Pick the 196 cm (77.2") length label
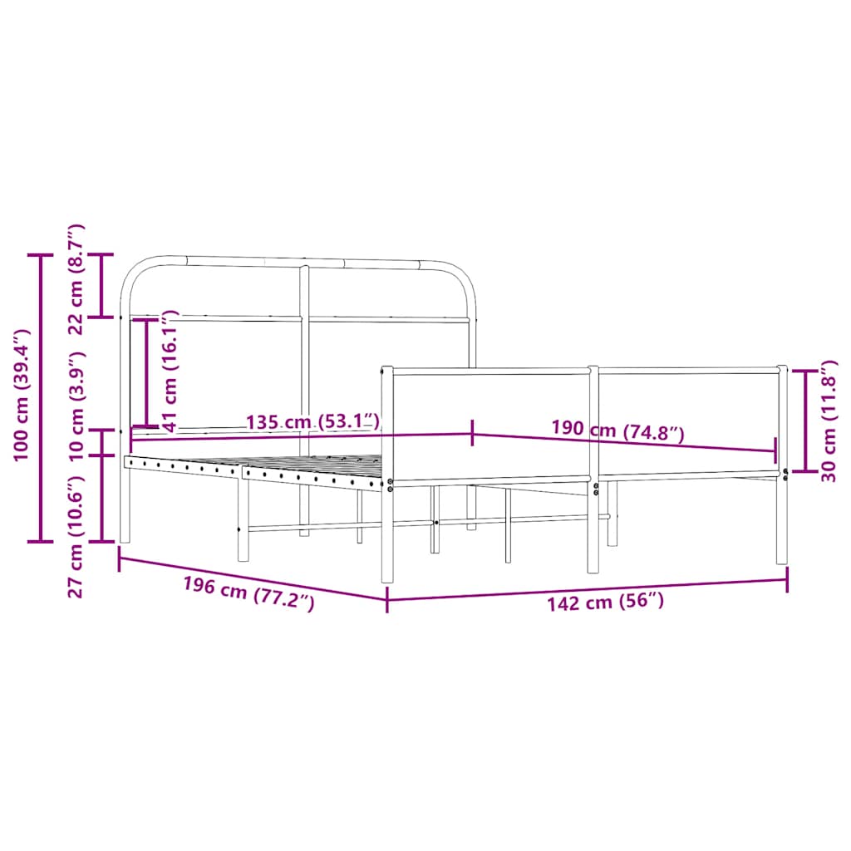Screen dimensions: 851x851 [x=248, y=593]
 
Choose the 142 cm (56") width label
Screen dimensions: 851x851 [x=605, y=602]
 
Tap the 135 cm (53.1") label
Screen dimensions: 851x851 [x=314, y=422]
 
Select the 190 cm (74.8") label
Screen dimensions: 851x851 [x=617, y=430]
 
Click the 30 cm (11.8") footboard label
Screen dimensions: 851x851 [x=828, y=421]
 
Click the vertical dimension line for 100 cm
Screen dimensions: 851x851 [x=41, y=397]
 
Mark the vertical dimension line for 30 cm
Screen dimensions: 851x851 [x=804, y=421]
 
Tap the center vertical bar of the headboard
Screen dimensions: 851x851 [x=304, y=349]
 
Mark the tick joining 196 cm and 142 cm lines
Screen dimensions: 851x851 [x=387, y=599]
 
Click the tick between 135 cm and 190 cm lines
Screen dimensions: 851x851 [x=473, y=433]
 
